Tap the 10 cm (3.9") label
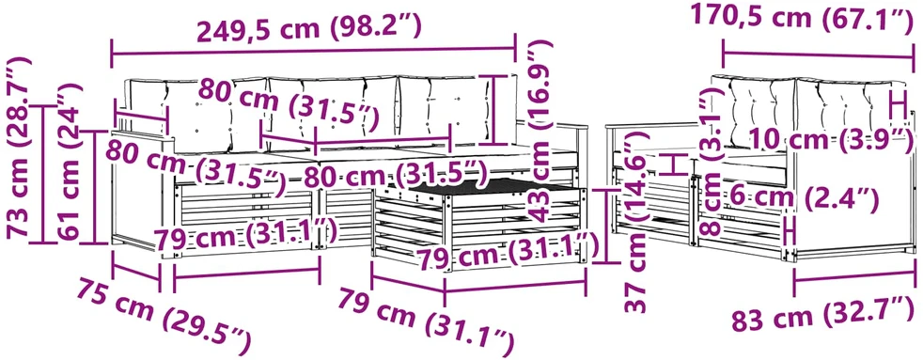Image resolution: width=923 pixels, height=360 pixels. click(x=831, y=141)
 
